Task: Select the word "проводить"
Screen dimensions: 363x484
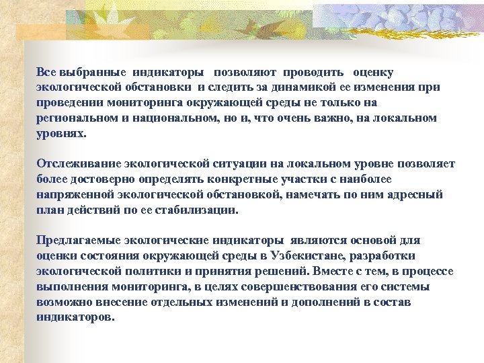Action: [x=313, y=72]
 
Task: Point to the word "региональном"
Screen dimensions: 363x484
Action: [x=74, y=118]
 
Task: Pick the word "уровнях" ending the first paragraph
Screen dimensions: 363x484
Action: [x=61, y=133]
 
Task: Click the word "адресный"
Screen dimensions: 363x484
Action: [x=420, y=195]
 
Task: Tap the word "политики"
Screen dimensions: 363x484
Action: [x=155, y=272]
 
